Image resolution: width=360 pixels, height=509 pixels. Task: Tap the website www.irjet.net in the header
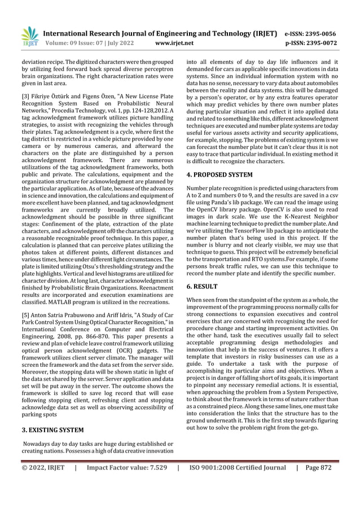tap(174, 43)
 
